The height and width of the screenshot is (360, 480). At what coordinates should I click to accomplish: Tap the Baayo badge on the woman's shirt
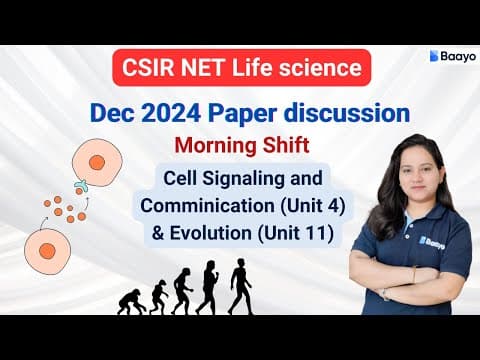point(404,242)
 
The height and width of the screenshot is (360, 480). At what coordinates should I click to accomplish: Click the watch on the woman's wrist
point(383,294)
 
